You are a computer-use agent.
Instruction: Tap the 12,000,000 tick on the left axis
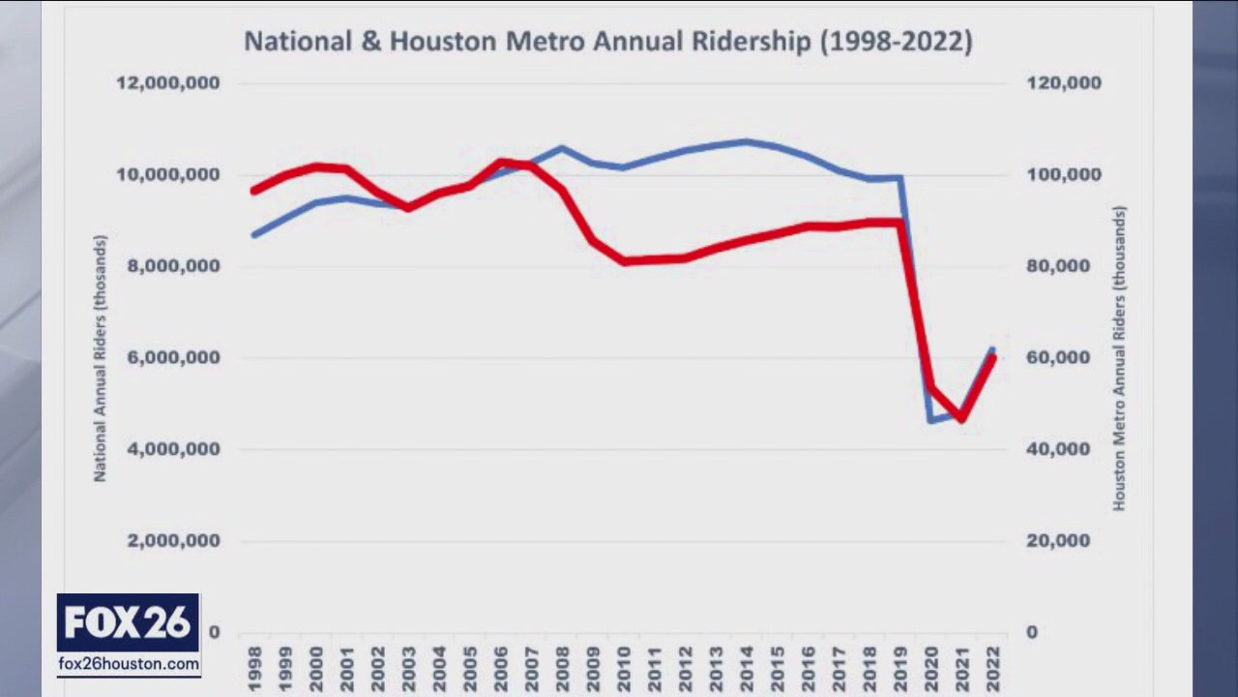coord(168,83)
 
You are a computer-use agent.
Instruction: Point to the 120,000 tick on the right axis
coord(1064,83)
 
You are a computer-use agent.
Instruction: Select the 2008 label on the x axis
coord(562,669)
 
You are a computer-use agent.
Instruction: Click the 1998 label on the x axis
coord(254,669)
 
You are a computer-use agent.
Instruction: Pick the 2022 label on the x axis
coord(992,669)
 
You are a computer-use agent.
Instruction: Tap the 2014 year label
coord(747,669)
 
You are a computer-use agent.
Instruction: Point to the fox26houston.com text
coord(129,664)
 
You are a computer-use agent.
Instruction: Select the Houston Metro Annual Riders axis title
coord(1119,358)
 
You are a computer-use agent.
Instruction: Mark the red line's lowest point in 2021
coord(961,418)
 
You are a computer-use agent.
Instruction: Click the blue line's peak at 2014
coord(746,141)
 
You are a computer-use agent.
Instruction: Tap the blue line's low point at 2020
coord(930,420)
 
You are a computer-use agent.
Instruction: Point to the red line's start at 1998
coord(254,191)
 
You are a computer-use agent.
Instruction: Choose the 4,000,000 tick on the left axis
coord(174,449)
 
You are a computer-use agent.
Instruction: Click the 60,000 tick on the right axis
coord(1058,358)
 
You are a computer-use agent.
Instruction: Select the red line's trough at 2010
coord(624,261)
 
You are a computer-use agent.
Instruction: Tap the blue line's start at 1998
coord(254,234)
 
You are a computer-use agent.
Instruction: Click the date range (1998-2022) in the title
coord(896,42)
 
